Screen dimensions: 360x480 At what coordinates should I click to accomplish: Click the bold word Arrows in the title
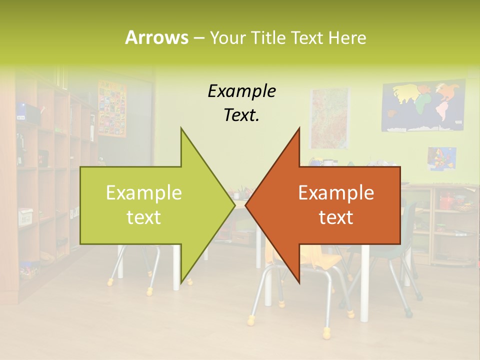pyautogui.click(x=156, y=37)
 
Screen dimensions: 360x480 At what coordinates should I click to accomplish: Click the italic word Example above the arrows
pyautogui.click(x=241, y=91)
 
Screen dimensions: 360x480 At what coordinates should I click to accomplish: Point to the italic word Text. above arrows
pyautogui.click(x=241, y=115)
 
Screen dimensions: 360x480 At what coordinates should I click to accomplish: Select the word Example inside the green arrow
pyautogui.click(x=144, y=192)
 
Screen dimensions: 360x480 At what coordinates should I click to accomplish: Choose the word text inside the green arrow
pyautogui.click(x=144, y=217)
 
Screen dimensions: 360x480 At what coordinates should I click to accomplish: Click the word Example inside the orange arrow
pyautogui.click(x=336, y=192)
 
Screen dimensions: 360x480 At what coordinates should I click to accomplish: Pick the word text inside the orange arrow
pyautogui.click(x=336, y=217)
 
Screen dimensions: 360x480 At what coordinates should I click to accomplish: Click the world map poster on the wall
pyautogui.click(x=423, y=106)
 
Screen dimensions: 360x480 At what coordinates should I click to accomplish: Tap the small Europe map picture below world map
pyautogui.click(x=441, y=158)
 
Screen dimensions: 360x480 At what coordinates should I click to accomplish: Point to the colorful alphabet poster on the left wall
pyautogui.click(x=112, y=108)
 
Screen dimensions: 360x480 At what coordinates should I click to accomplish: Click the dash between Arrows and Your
pyautogui.click(x=198, y=38)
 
